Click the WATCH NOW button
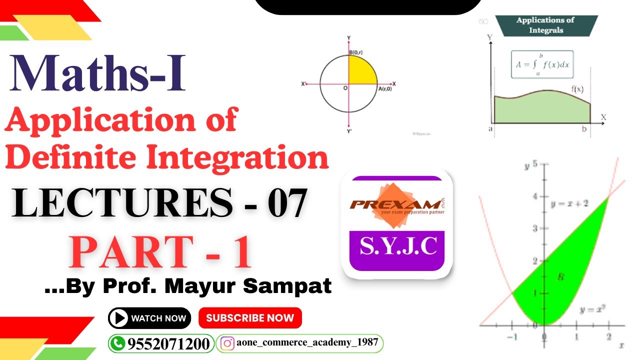(x=149, y=318)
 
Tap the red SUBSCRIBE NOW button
(x=250, y=318)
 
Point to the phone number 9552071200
(x=168, y=344)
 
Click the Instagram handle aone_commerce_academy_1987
(x=308, y=343)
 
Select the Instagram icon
(x=228, y=343)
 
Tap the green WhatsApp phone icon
(x=118, y=344)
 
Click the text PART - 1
(x=161, y=252)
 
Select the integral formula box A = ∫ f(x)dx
(x=542, y=64)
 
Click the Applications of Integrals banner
(x=546, y=25)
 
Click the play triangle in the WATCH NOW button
(x=119, y=318)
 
